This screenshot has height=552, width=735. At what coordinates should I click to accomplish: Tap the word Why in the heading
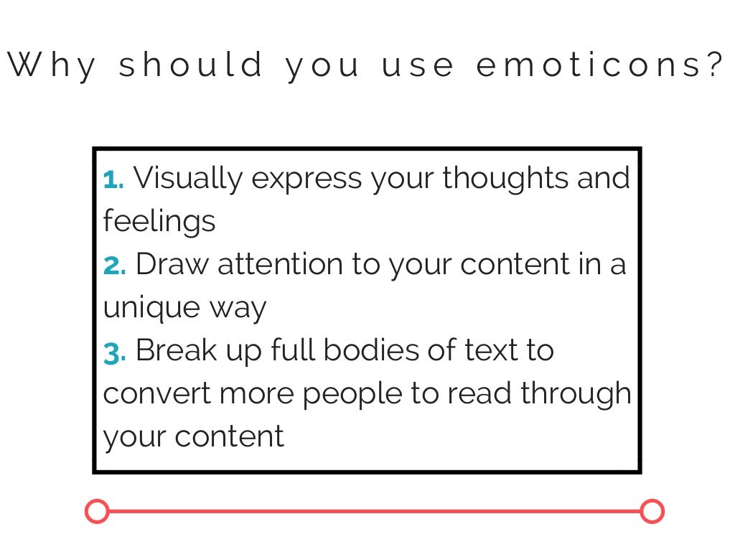tap(52, 66)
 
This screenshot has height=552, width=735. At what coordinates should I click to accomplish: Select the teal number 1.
tap(113, 179)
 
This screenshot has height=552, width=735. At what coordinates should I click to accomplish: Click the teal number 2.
tap(114, 266)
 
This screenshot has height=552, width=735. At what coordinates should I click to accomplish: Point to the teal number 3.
tap(114, 352)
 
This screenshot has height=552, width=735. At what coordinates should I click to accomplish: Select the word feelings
tap(159, 221)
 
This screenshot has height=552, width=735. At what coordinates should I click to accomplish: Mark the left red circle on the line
tap(97, 512)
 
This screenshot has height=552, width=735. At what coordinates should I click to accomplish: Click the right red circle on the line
tap(652, 512)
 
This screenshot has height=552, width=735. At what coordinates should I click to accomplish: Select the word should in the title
tap(191, 66)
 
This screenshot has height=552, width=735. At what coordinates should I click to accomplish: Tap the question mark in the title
tap(713, 66)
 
